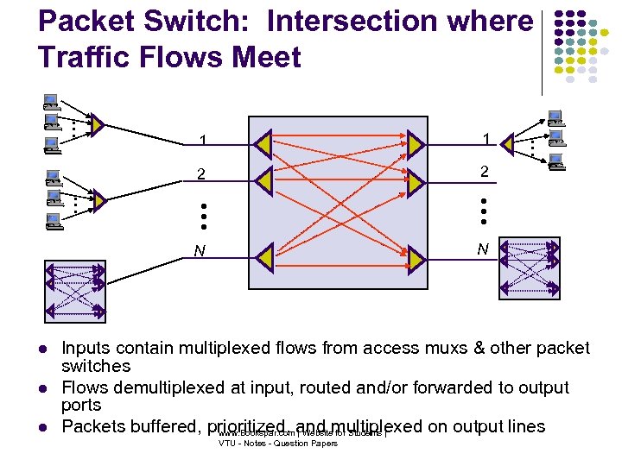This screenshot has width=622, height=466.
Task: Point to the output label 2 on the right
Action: pyautogui.click(x=485, y=172)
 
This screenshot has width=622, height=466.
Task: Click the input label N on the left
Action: pyautogui.click(x=200, y=252)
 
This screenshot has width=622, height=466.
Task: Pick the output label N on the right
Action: pyautogui.click(x=483, y=249)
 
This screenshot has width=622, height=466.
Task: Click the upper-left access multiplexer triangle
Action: pyautogui.click(x=98, y=126)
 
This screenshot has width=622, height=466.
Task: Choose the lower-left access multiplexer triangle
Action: pyautogui.click(x=98, y=200)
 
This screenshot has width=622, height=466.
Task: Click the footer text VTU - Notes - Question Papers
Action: pyautogui.click(x=277, y=444)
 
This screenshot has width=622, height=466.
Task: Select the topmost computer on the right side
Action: pyautogui.click(x=554, y=117)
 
